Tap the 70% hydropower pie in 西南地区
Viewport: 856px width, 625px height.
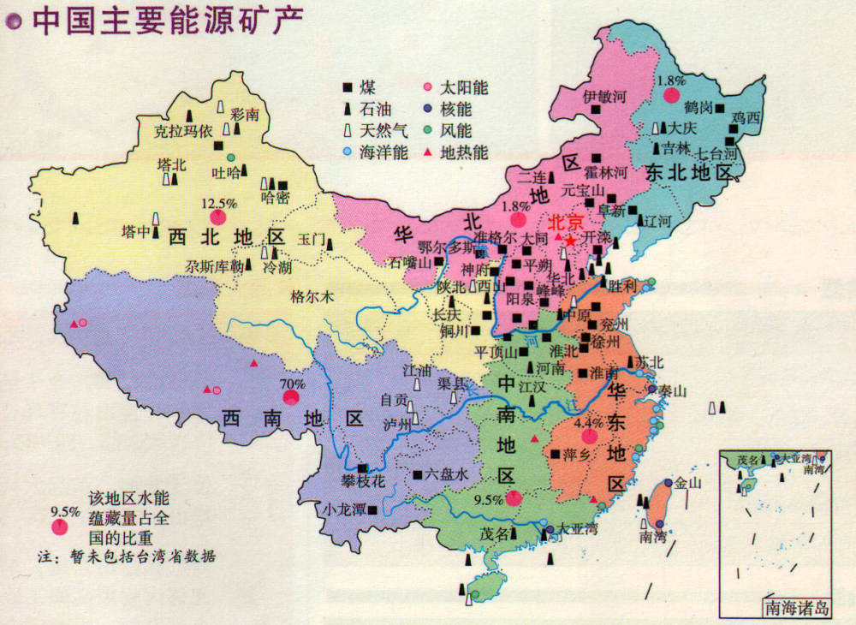pyautogui.click(x=292, y=397)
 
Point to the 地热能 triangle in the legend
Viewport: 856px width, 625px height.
pyautogui.click(x=427, y=153)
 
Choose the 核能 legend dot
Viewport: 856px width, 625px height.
pyautogui.click(x=427, y=110)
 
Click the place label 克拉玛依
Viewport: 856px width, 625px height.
pyautogui.click(x=181, y=132)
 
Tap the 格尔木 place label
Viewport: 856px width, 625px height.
pyautogui.click(x=309, y=297)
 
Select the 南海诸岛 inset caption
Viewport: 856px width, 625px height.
pyautogui.click(x=797, y=609)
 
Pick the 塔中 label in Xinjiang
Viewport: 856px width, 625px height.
pyautogui.click(x=136, y=232)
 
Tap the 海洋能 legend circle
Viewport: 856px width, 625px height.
pyautogui.click(x=348, y=153)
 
